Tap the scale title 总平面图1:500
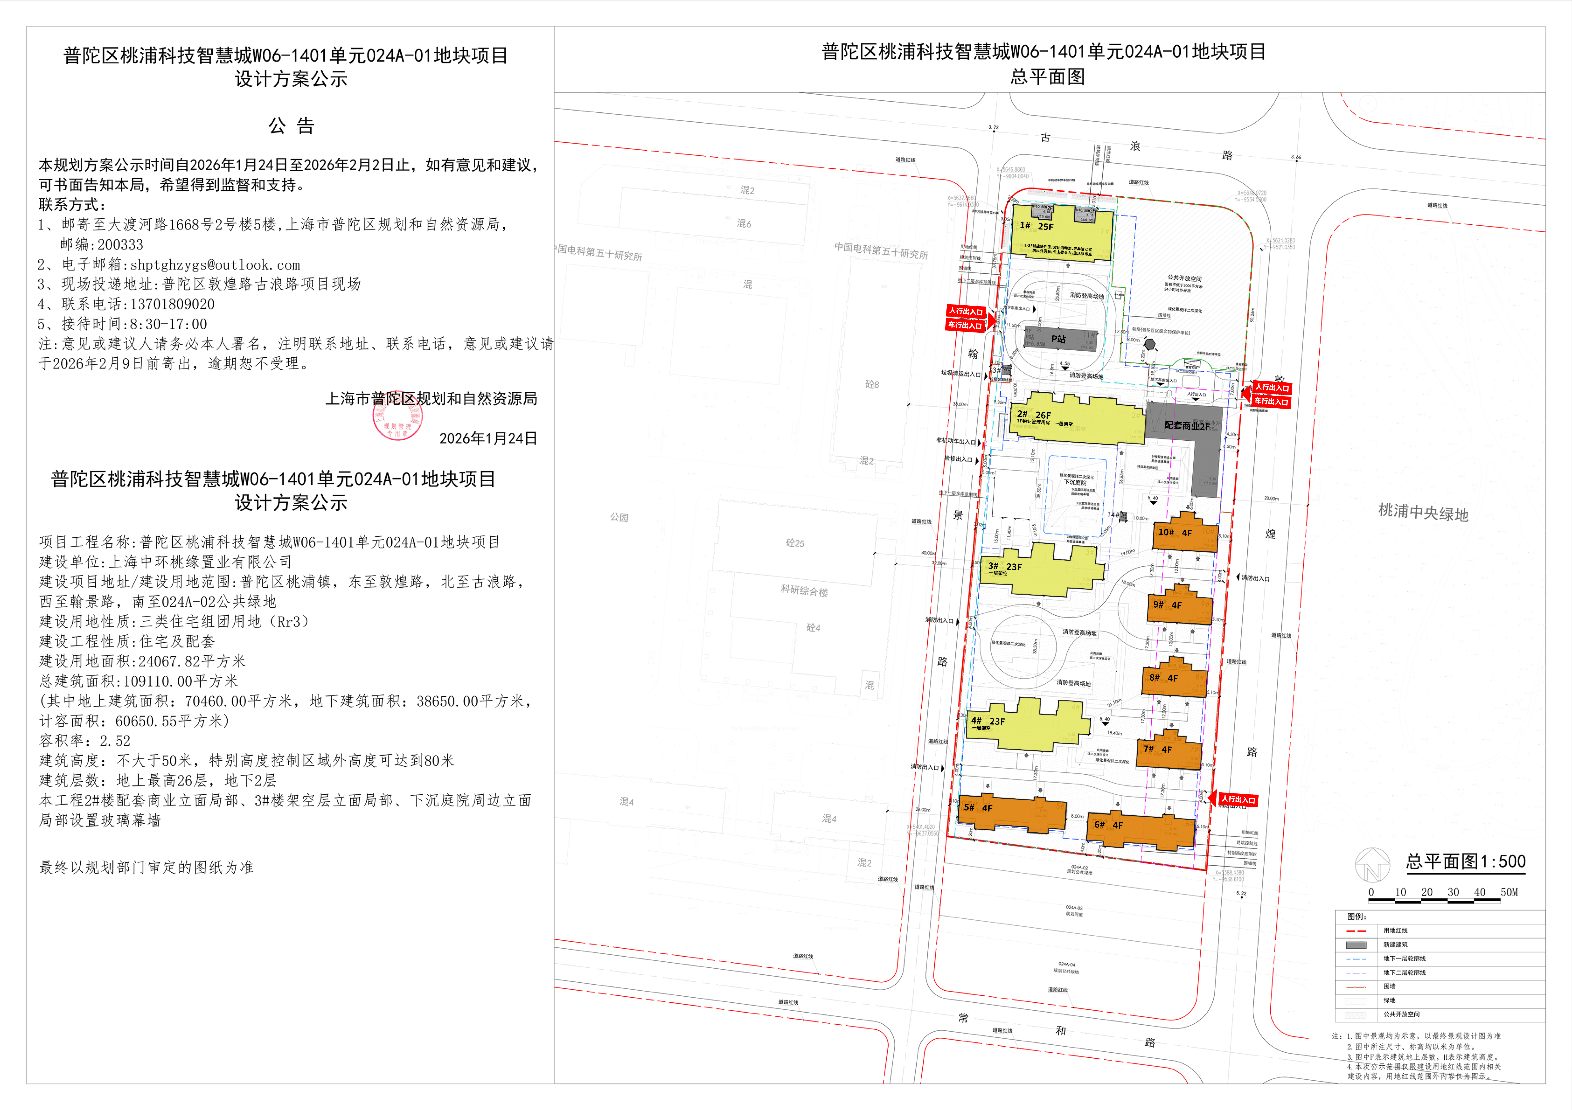point(1465,861)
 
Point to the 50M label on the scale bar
point(1509,892)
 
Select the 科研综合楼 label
point(804,590)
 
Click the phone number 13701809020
point(173,304)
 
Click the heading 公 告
point(291,126)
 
